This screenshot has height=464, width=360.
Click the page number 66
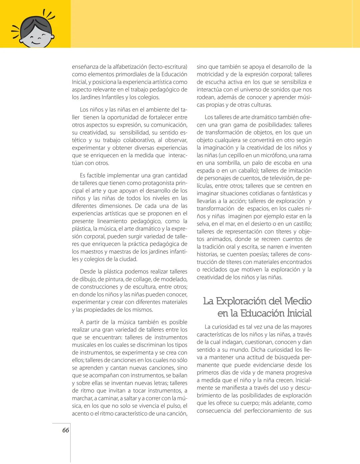(x=66, y=430)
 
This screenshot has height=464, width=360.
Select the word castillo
(x=300, y=224)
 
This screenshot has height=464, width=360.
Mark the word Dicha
(x=258, y=350)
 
